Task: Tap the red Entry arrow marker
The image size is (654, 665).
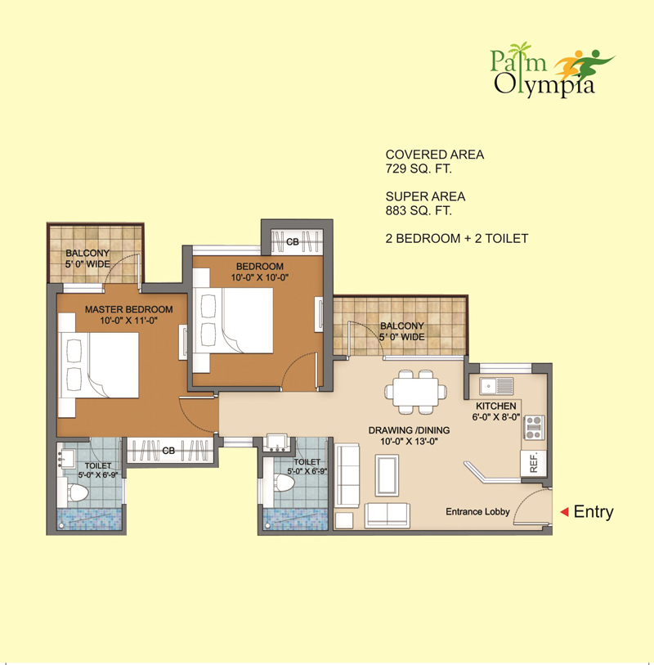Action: click(563, 512)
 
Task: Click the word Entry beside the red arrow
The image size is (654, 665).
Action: click(593, 512)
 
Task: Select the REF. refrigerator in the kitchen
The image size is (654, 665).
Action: click(532, 462)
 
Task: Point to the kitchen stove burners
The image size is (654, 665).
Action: click(533, 428)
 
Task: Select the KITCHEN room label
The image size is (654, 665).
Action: click(496, 406)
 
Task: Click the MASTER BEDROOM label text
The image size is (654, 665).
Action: click(129, 309)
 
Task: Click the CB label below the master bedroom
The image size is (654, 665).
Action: click(168, 451)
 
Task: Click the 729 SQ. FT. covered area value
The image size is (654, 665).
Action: click(419, 168)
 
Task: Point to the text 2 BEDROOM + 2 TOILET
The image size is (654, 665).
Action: click(456, 239)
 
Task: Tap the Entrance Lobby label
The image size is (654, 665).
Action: click(477, 512)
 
